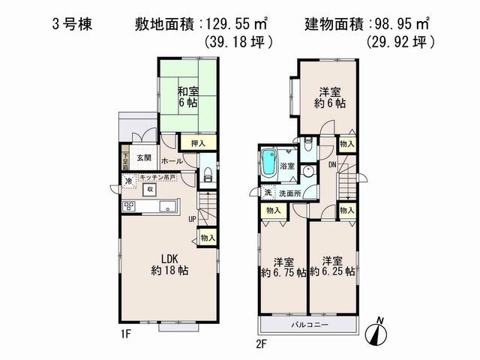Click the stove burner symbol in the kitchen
128,206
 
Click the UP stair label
193,219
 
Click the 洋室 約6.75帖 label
284,267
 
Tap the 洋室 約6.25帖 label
335,267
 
